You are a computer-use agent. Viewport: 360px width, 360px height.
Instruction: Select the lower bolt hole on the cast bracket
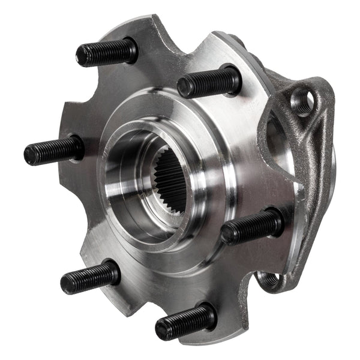click(x=271, y=280)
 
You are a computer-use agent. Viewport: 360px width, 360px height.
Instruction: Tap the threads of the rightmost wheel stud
click(x=252, y=227)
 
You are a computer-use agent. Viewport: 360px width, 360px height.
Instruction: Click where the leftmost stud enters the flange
click(x=77, y=147)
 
